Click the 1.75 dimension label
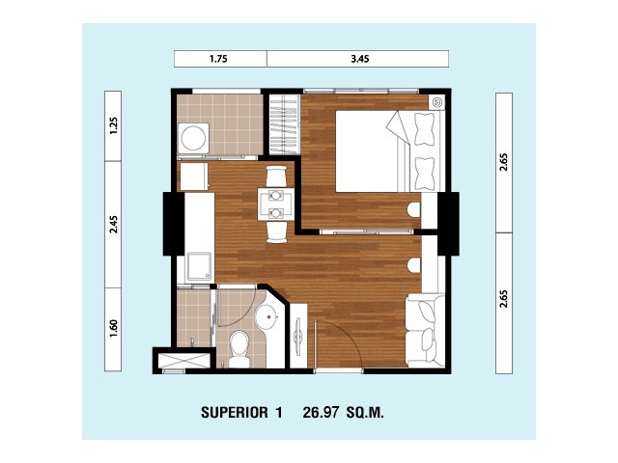(218, 59)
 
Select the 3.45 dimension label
(360, 59)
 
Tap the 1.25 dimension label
(114, 126)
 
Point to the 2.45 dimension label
(114, 225)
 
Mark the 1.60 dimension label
(114, 328)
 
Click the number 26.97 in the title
(321, 413)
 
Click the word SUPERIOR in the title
(235, 413)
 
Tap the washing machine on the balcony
(193, 138)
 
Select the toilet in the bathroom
(239, 349)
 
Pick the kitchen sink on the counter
(200, 266)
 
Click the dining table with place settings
(276, 204)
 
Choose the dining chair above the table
(276, 176)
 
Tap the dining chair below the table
(276, 232)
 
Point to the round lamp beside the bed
(437, 102)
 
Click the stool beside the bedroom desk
(414, 209)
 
